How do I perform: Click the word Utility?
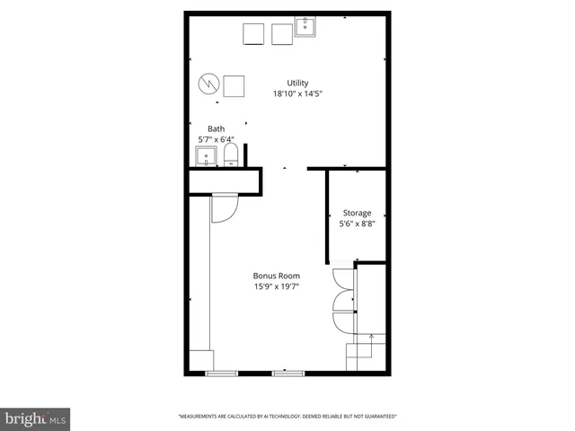297,82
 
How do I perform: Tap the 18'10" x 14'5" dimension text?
297,92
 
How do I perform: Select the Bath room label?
216,128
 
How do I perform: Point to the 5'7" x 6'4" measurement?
216,139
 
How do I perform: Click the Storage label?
356,213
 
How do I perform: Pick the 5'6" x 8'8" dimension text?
356,224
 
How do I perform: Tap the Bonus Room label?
277,276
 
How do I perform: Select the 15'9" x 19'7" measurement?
277,286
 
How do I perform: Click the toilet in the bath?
230,158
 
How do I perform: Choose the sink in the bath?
207,158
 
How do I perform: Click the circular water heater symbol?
208,84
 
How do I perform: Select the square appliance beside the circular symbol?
234,86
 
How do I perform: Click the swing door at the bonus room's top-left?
223,208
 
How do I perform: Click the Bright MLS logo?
35,418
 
